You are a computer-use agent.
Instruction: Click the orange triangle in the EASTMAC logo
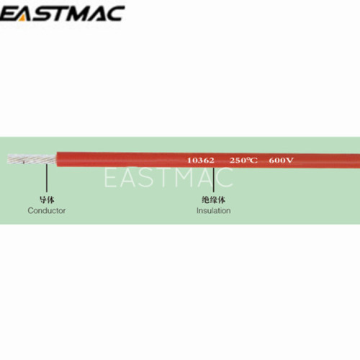(22, 18)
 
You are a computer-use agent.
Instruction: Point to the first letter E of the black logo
(7, 14)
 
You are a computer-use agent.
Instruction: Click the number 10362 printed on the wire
(201, 161)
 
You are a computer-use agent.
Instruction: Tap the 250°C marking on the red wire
(243, 161)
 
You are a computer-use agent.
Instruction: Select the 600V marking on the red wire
(281, 161)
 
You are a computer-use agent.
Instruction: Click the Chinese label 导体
(47, 199)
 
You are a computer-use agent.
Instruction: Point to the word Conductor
(47, 210)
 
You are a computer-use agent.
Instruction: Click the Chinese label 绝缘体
(213, 199)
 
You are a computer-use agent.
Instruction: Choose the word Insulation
(214, 210)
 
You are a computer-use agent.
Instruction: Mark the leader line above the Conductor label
(47, 178)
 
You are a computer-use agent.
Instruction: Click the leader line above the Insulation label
(213, 179)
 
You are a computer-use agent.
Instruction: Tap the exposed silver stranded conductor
(32, 159)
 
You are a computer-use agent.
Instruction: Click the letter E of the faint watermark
(110, 177)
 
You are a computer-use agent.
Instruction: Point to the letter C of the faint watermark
(224, 177)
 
